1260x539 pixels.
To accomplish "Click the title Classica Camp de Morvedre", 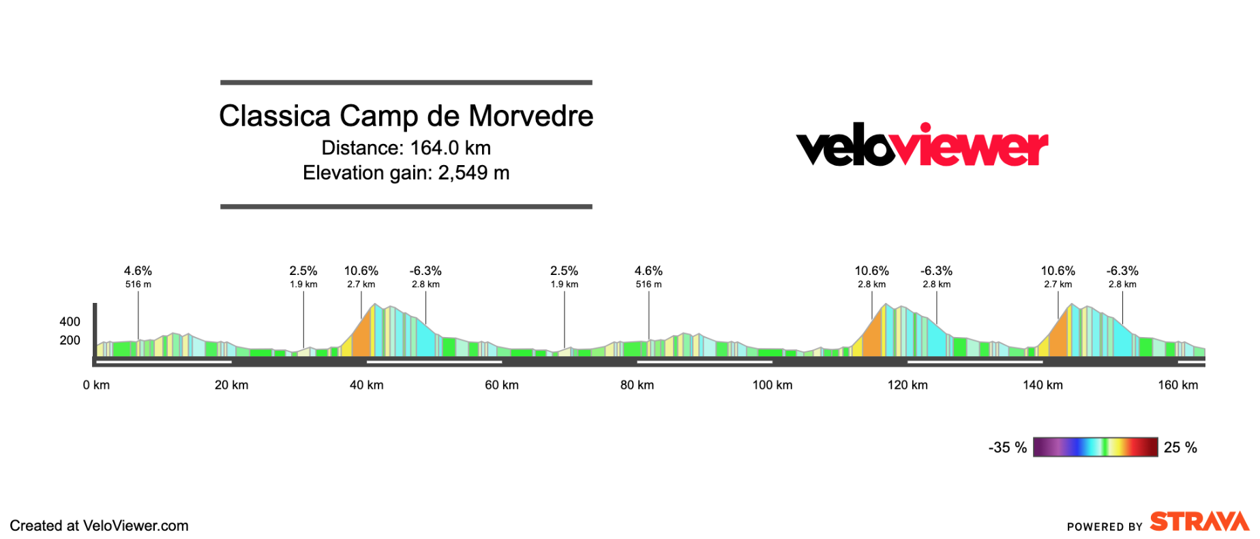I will (x=406, y=116).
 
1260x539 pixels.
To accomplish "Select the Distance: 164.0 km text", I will (x=406, y=148).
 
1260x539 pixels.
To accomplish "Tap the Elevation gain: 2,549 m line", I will (x=406, y=173).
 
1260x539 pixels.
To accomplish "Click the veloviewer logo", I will (x=922, y=145).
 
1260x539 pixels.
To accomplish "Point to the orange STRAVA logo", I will (x=1199, y=522).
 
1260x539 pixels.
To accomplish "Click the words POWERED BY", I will (x=1104, y=527).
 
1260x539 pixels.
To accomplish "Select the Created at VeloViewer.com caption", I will (x=99, y=526).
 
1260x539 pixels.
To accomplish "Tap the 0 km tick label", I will (x=96, y=385).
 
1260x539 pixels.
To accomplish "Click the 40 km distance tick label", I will (x=366, y=385).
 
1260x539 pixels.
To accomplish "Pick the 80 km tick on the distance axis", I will (x=637, y=385).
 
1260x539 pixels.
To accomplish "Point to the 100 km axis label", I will (x=772, y=385).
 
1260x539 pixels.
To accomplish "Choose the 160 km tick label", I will (x=1177, y=385).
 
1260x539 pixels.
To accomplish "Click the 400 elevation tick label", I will (x=70, y=321).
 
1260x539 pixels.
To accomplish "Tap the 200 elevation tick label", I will (x=70, y=340).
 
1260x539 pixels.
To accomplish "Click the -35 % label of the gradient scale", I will (x=1007, y=448).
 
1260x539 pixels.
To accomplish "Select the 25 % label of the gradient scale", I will (x=1180, y=448).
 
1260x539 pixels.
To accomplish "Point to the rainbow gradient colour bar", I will (x=1095, y=447).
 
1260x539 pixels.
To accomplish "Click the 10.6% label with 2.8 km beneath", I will (x=871, y=272).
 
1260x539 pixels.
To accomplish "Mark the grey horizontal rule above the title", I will (x=406, y=83).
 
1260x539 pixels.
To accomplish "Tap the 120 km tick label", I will (x=907, y=385).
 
